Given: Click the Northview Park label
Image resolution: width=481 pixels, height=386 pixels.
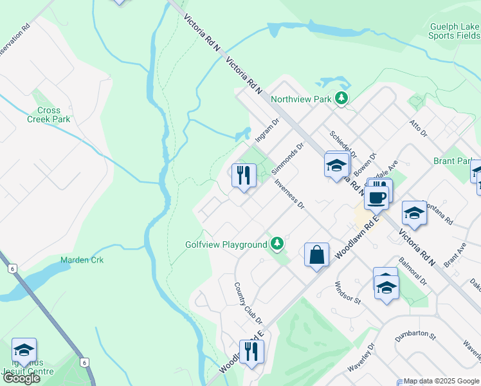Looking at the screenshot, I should click(300, 99).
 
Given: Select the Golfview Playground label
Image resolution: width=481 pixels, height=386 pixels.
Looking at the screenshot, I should click(226, 244).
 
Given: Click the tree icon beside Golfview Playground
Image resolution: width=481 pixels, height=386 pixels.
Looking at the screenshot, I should click(277, 243).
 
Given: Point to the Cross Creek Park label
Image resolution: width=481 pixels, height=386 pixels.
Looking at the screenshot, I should click(49, 115).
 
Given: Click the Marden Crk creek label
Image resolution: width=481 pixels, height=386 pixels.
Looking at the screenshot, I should click(82, 260).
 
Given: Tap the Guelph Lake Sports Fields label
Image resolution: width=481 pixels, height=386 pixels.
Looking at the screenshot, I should click(453, 32).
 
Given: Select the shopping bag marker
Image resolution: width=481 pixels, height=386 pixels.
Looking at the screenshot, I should click(317, 254).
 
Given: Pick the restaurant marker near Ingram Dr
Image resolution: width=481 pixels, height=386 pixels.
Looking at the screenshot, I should click(244, 175).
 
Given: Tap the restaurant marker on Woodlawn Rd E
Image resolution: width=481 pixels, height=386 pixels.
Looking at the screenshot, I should click(251, 351).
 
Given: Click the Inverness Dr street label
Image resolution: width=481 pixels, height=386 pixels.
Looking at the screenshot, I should click(289, 194).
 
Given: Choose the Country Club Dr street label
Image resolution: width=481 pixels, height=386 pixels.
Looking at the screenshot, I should click(248, 303).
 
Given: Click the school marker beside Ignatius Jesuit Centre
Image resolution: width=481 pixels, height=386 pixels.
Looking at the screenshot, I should click(24, 351).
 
